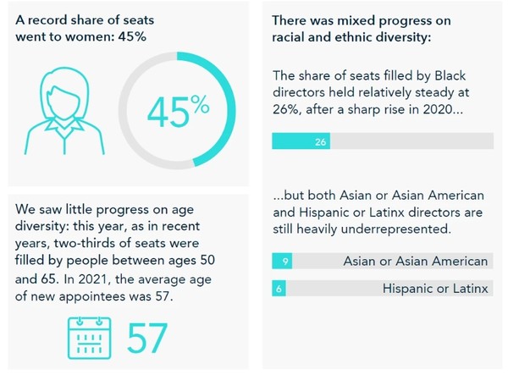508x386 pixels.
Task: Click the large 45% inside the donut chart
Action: pyautogui.click(x=178, y=111)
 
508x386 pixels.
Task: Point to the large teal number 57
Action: pyautogui.click(x=147, y=336)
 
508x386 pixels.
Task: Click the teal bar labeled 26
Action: pyautogui.click(x=301, y=141)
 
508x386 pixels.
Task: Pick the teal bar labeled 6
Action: pyautogui.click(x=279, y=289)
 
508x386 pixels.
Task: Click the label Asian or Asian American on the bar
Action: pyautogui.click(x=415, y=262)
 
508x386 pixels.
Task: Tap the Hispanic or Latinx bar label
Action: pyautogui.click(x=435, y=289)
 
